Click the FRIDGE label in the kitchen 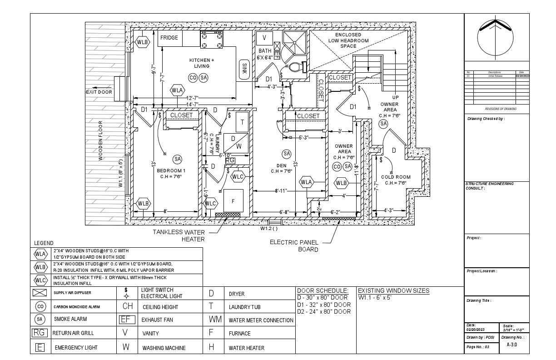(x=169, y=38)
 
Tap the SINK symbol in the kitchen (x=244, y=70)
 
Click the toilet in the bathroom (x=296, y=67)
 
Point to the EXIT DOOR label (x=99, y=92)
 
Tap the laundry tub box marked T (x=242, y=122)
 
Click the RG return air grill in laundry (x=230, y=160)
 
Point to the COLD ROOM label (x=396, y=177)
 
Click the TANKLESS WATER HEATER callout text (x=179, y=236)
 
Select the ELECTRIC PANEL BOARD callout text (x=294, y=245)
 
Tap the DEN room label (x=281, y=166)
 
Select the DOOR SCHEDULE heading (x=323, y=290)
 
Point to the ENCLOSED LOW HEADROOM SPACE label (x=348, y=40)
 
